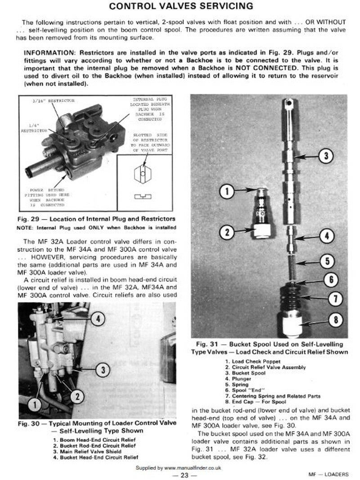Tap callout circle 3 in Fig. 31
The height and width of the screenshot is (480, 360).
[325, 156]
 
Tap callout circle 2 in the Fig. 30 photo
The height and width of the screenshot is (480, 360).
[77, 396]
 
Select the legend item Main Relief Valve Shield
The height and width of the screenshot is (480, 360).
[93, 451]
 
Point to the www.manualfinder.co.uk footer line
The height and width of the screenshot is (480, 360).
[179, 468]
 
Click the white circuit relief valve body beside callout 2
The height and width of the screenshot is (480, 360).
[262, 231]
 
